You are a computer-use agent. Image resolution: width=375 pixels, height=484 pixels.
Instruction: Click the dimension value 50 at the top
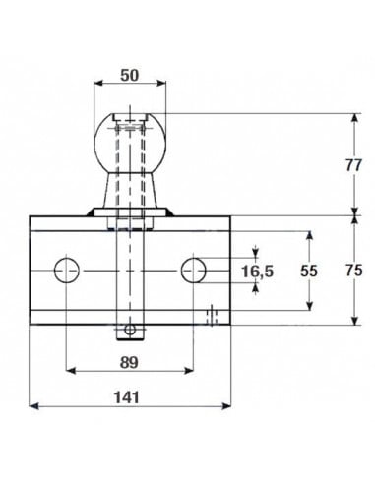(x=131, y=75)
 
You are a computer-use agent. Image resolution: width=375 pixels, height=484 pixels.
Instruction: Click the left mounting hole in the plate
(x=67, y=269)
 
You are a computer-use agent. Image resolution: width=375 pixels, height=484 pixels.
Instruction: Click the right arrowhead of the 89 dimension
(x=190, y=370)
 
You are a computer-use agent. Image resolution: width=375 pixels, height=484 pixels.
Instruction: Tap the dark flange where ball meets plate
(x=130, y=211)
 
